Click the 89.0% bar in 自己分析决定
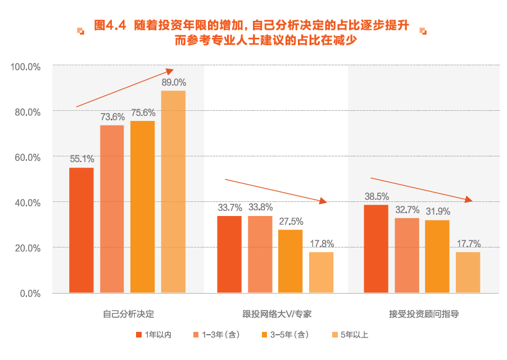tap(173, 191)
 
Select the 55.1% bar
tap(82, 230)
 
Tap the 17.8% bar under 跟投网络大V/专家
tap(322, 272)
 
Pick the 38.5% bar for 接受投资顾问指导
tap(376, 249)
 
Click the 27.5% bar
tap(291, 261)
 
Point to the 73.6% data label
tap(112, 117)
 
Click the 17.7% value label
tap(468, 244)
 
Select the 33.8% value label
tap(260, 207)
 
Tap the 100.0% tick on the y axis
tap(26, 66)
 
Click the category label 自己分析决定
tap(128, 314)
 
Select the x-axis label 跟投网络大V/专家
tap(276, 314)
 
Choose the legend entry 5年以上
tap(350, 335)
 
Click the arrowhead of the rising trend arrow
tap(170, 71)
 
